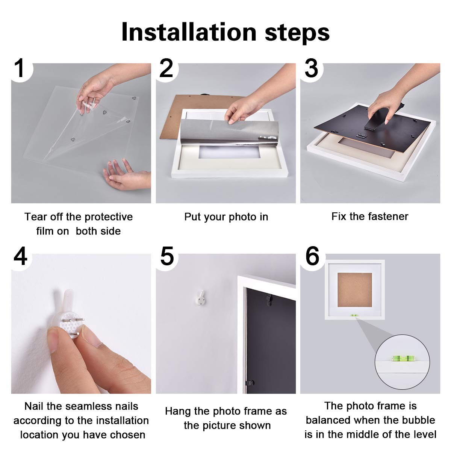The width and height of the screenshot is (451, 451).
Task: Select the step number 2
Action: (x=166, y=69)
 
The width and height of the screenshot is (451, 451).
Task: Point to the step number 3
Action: (x=312, y=69)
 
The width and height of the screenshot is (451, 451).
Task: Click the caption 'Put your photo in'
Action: (x=226, y=217)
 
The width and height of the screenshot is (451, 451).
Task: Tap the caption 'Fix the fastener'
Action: (x=369, y=216)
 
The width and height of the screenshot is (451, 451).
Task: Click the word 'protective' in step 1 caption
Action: (x=109, y=217)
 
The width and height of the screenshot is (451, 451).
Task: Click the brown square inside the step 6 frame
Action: (x=354, y=289)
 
